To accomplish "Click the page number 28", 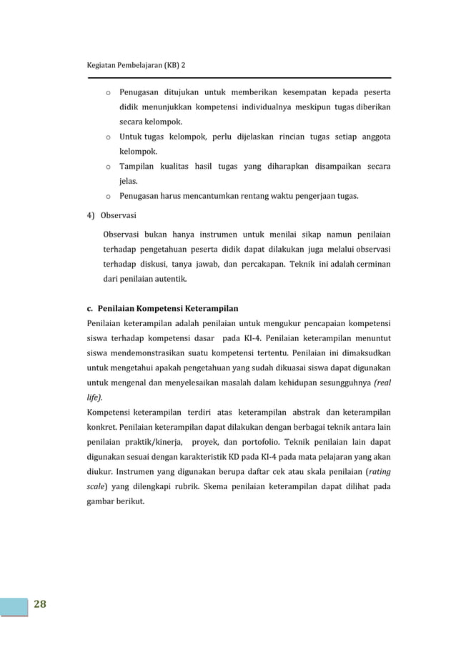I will [39, 604].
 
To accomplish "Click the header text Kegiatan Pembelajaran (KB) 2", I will [135, 64].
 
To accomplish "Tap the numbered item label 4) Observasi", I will [112, 215].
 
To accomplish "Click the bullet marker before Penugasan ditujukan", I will [106, 92].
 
